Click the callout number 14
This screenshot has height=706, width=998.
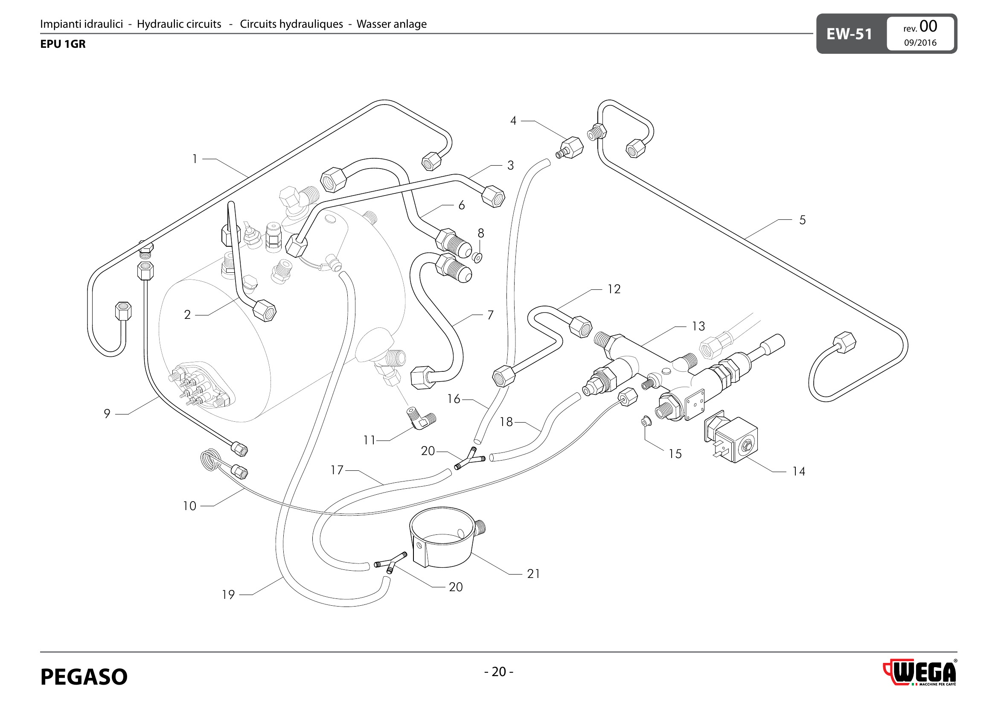click(798, 472)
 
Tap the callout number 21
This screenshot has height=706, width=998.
click(533, 574)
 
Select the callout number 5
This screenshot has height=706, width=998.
click(803, 220)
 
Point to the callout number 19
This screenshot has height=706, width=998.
click(228, 595)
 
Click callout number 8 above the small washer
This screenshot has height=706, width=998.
click(481, 233)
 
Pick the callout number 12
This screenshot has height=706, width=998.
click(614, 289)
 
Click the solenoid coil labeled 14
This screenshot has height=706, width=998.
click(735, 439)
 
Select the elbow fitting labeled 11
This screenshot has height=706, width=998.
click(421, 419)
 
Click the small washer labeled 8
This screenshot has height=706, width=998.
click(477, 258)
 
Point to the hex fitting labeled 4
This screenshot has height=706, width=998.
click(571, 147)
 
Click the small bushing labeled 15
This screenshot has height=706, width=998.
click(646, 421)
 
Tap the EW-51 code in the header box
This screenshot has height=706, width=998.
click(849, 34)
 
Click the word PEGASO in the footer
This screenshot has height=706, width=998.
click(84, 677)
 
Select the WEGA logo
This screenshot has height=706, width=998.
click(920, 673)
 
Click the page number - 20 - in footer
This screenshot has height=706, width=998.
click(498, 672)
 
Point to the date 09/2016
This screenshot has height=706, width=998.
click(920, 43)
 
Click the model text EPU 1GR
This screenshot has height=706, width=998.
click(63, 44)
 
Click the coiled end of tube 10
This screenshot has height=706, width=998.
click(209, 460)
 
